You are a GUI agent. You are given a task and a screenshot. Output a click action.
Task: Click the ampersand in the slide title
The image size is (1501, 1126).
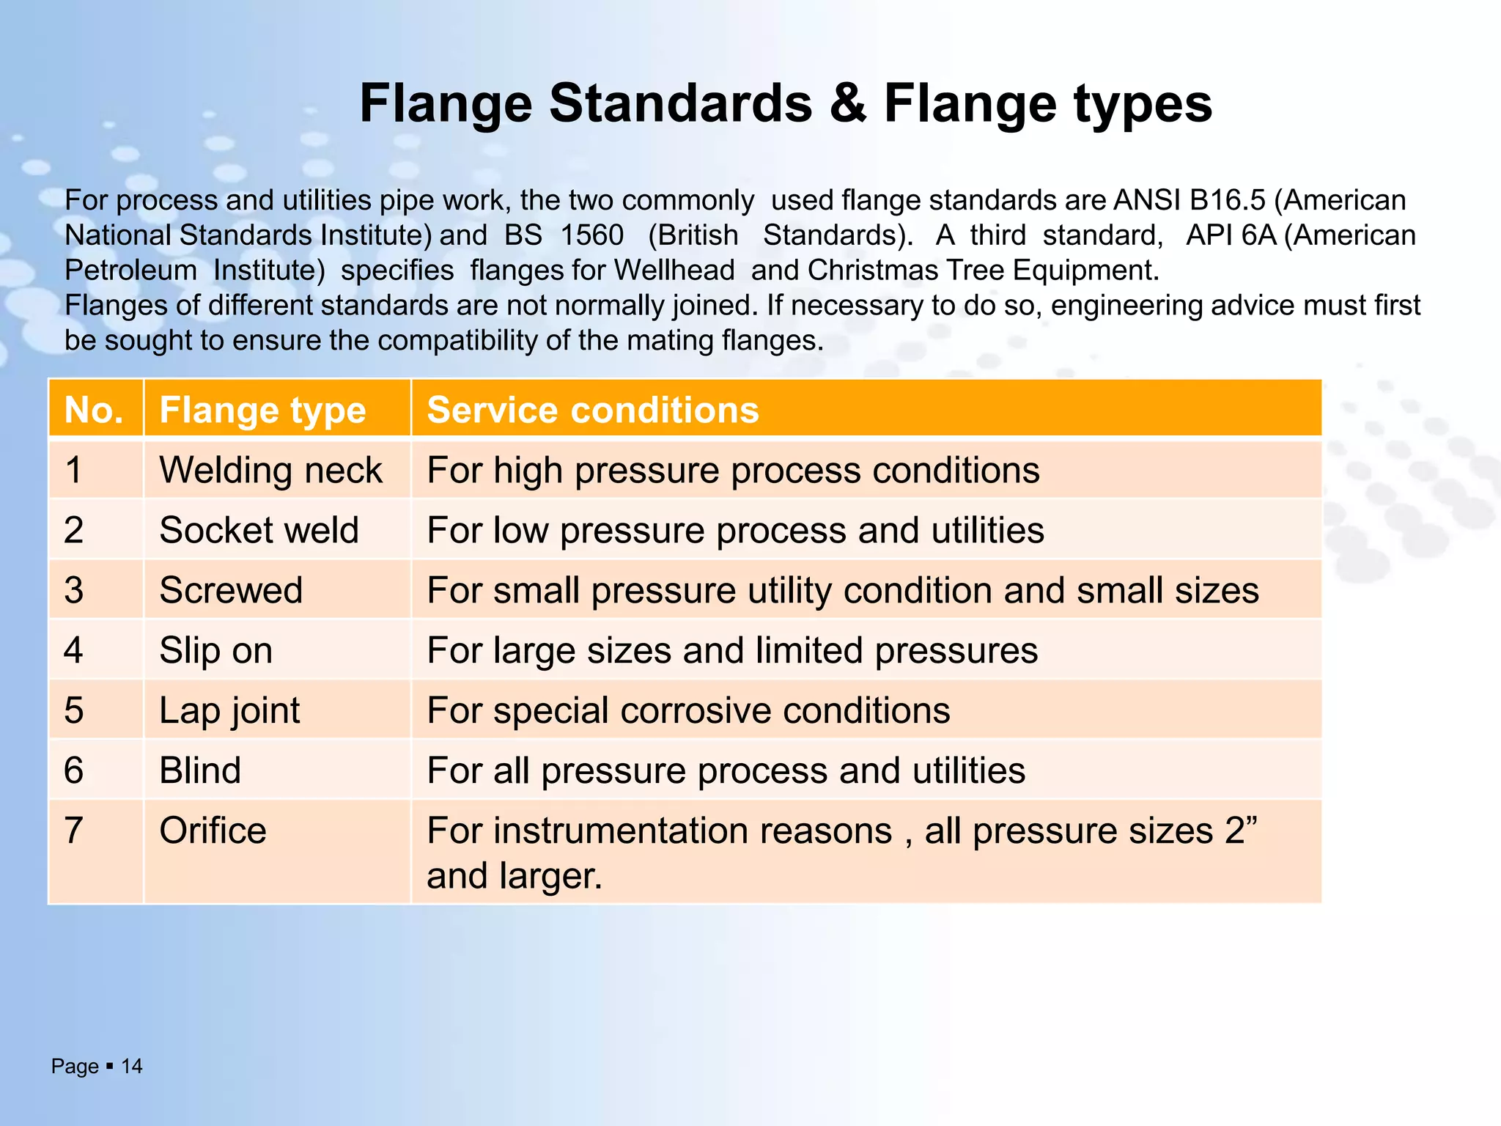(848, 103)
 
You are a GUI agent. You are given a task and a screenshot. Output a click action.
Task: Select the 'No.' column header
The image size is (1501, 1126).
(94, 410)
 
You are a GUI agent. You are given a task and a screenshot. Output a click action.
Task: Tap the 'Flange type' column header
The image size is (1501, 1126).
(262, 410)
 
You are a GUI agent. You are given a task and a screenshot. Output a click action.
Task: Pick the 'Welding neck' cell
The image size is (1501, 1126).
(270, 470)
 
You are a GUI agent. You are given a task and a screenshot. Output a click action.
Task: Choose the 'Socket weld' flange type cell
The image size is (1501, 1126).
(259, 530)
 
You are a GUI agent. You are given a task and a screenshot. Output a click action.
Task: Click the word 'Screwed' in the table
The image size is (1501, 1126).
(231, 590)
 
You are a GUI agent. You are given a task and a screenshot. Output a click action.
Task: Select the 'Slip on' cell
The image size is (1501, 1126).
(215, 650)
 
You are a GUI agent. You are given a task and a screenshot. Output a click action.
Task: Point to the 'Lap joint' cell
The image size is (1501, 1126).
(229, 710)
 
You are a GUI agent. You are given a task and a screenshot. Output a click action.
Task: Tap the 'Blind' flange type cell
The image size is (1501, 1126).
(200, 770)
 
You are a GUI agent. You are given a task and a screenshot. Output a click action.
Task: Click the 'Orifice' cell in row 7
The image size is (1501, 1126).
(213, 831)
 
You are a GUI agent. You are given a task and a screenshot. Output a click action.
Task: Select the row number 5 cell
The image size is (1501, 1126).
(74, 710)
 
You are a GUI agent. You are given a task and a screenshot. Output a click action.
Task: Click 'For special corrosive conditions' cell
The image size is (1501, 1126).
(688, 710)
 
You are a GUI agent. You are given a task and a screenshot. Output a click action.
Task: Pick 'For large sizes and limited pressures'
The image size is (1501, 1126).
(732, 650)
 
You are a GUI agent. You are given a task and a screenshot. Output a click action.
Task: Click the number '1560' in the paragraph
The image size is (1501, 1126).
(591, 235)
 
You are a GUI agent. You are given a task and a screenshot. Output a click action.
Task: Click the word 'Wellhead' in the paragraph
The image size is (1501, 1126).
(674, 271)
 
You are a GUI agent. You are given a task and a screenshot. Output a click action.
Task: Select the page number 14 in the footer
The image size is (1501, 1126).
(132, 1066)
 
